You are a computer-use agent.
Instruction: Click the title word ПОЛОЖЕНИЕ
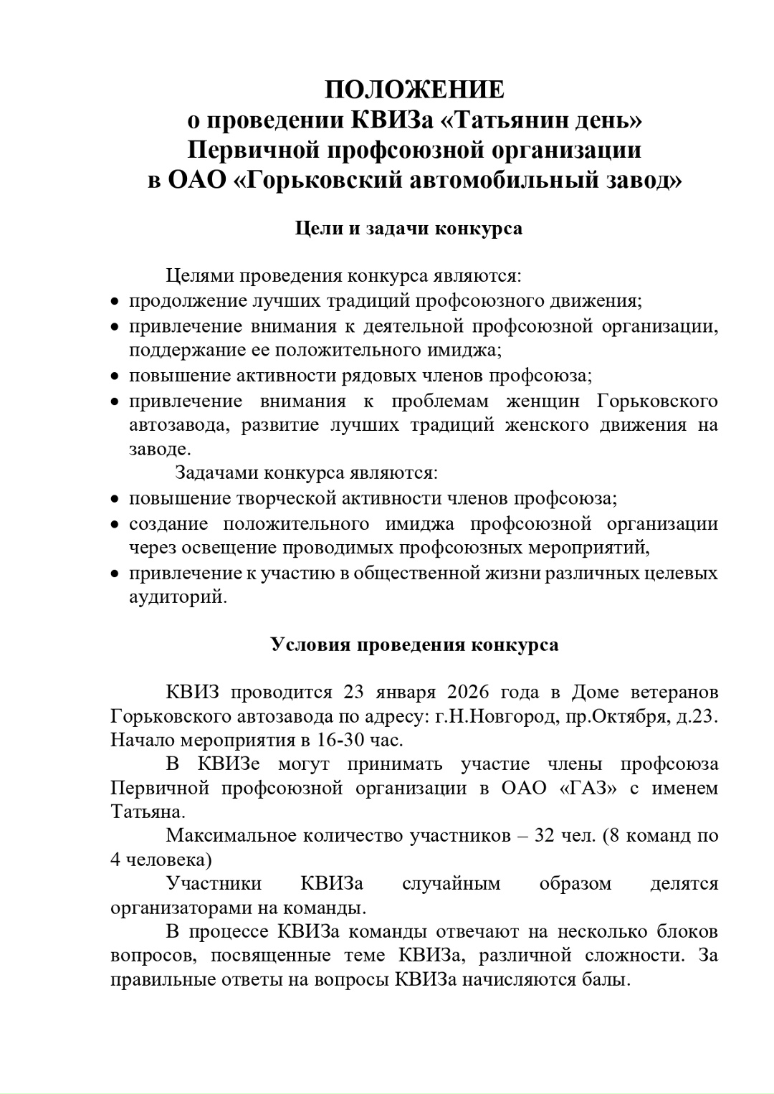[x=414, y=90]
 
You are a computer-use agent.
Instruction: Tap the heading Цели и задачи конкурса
[x=409, y=229]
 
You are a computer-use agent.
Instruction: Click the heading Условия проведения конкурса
[x=414, y=644]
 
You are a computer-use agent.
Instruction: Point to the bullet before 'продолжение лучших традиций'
[x=115, y=302]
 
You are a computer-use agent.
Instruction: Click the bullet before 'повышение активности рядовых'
[x=115, y=376]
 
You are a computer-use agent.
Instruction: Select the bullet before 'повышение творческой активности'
[x=115, y=498]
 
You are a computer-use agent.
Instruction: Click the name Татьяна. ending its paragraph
[x=147, y=812]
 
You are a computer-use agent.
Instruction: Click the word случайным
[x=451, y=883]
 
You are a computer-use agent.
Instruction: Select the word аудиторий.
[x=177, y=596]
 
